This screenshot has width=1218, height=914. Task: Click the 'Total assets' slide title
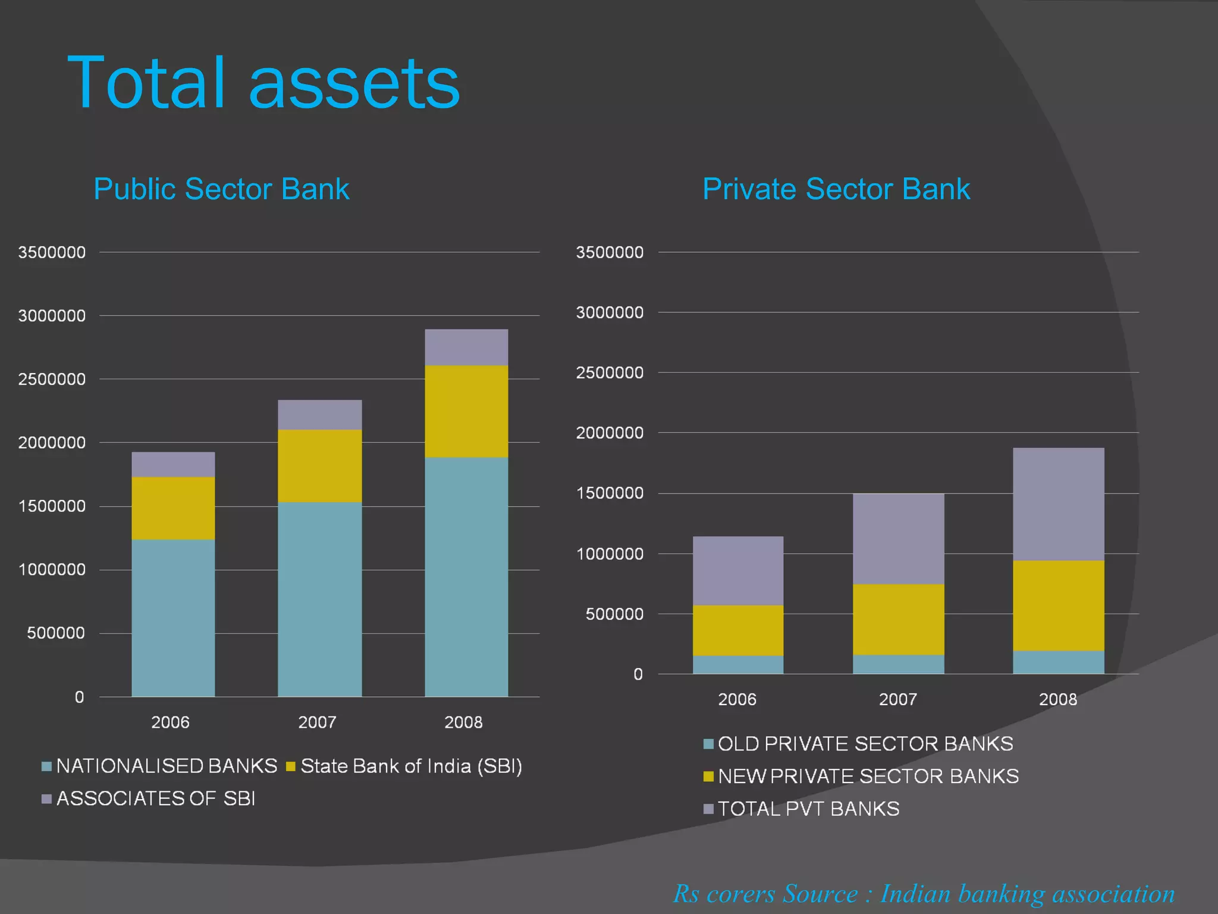tap(263, 83)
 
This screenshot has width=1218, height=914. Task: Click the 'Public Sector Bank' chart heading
tap(221, 189)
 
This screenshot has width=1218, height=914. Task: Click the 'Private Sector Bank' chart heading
tap(836, 189)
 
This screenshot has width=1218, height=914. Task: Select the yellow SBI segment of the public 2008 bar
tap(466, 411)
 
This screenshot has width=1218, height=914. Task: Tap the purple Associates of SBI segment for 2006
tap(173, 464)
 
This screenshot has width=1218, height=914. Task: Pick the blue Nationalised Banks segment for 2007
tap(319, 598)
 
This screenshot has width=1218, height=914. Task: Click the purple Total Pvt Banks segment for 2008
tap(1058, 503)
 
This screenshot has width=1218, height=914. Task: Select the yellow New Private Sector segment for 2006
tap(737, 630)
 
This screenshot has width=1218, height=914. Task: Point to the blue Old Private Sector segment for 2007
tap(898, 664)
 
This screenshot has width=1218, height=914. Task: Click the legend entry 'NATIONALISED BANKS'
tap(167, 766)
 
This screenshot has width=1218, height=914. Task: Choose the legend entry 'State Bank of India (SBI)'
tap(411, 766)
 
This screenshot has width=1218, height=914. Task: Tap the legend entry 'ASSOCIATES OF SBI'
tap(155, 799)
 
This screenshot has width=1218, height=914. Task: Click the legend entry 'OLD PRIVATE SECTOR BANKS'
tap(865, 744)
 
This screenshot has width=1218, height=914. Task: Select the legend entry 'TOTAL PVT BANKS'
tap(808, 809)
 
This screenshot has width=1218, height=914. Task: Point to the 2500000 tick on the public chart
tap(52, 379)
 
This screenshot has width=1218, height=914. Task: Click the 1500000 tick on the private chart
tap(610, 493)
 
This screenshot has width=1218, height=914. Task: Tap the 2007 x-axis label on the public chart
tap(317, 722)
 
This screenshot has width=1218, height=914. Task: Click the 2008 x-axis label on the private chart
tap(1057, 699)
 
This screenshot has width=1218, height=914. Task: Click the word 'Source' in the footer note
tap(820, 894)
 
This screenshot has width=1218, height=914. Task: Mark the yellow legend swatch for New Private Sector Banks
tap(708, 777)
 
